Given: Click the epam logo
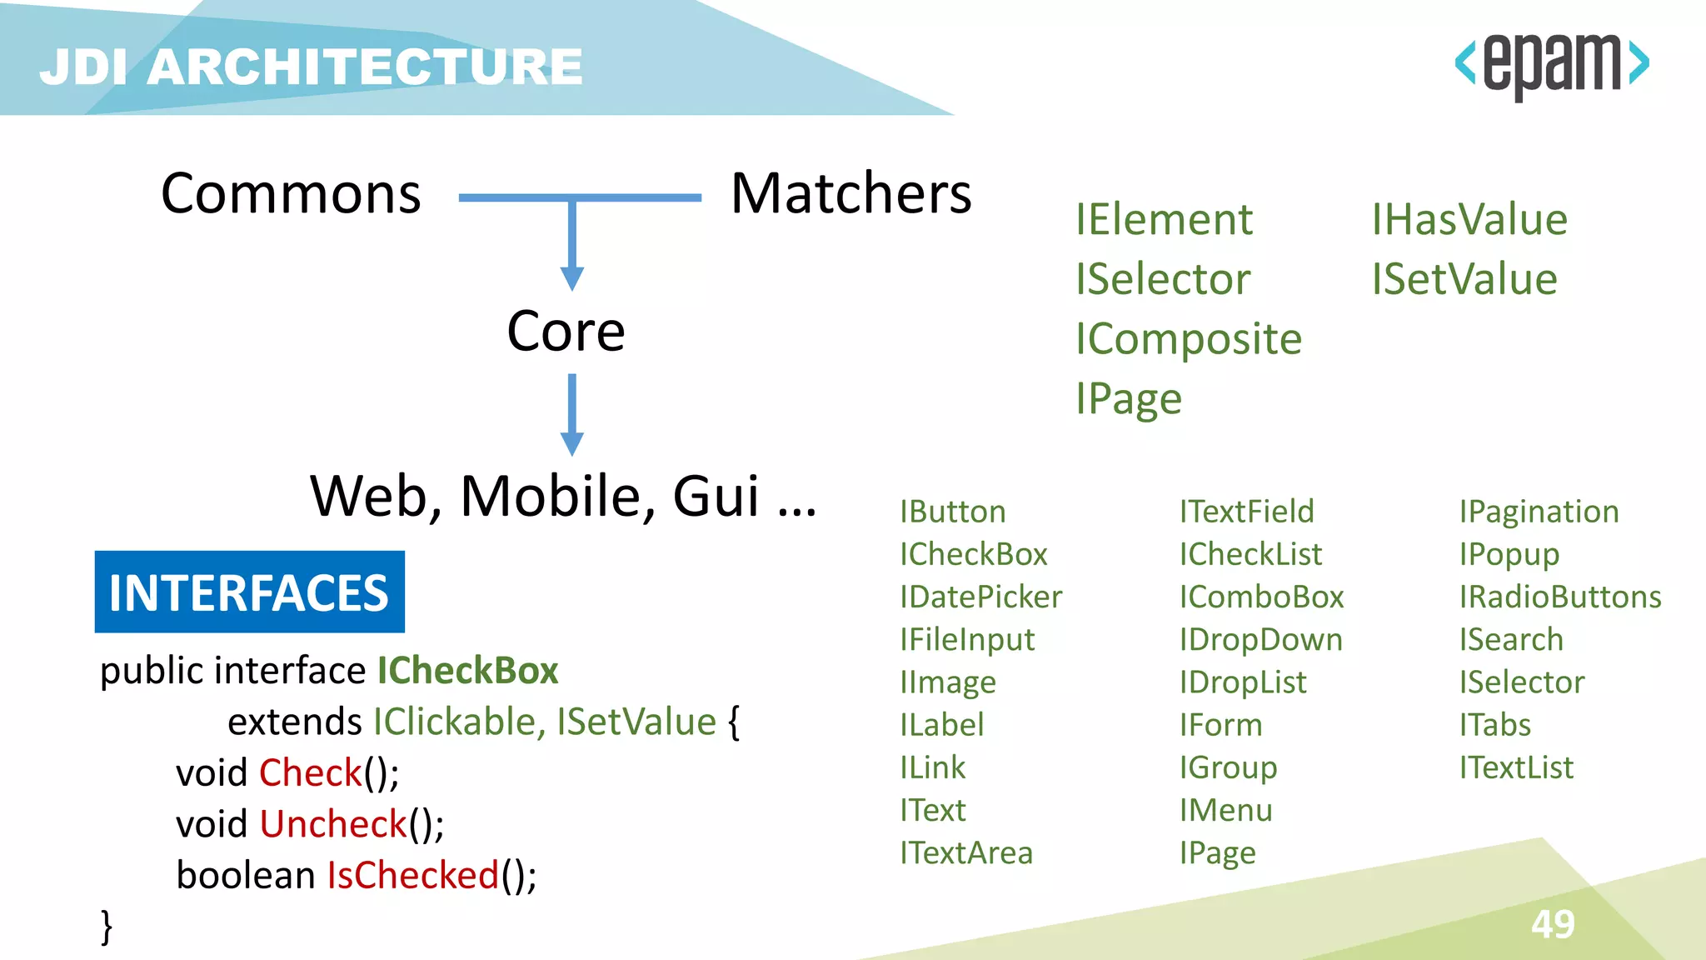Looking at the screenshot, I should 1551,65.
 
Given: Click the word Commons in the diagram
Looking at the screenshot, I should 291,193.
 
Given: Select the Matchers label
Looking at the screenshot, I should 851,193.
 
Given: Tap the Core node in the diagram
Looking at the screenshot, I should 566,331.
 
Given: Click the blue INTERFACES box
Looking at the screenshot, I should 249,592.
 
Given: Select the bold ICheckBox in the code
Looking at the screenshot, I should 467,671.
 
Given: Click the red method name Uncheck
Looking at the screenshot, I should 333,824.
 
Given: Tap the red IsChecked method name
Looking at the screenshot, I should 413,875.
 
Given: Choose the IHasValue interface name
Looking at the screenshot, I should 1469,220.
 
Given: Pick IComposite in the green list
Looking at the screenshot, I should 1188,339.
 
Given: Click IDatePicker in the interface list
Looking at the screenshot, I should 980,597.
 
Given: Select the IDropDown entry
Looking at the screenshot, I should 1260,639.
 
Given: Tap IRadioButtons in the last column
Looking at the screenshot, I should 1559,597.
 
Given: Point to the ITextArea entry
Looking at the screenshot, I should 965,852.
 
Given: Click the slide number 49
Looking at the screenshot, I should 1552,924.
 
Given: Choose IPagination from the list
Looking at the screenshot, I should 1539,512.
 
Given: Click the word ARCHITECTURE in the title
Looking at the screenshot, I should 365,67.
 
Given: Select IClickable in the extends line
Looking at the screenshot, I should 458,722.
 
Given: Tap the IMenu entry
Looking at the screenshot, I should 1225,810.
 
